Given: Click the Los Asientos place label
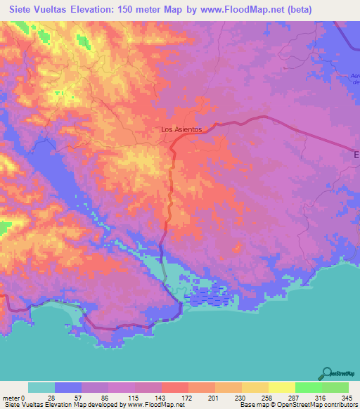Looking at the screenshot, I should [x=181, y=130].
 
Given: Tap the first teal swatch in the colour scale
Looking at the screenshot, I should [x=41, y=387].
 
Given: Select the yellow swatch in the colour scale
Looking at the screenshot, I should [x=282, y=387].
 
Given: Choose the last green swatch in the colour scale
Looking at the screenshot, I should [x=335, y=387].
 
